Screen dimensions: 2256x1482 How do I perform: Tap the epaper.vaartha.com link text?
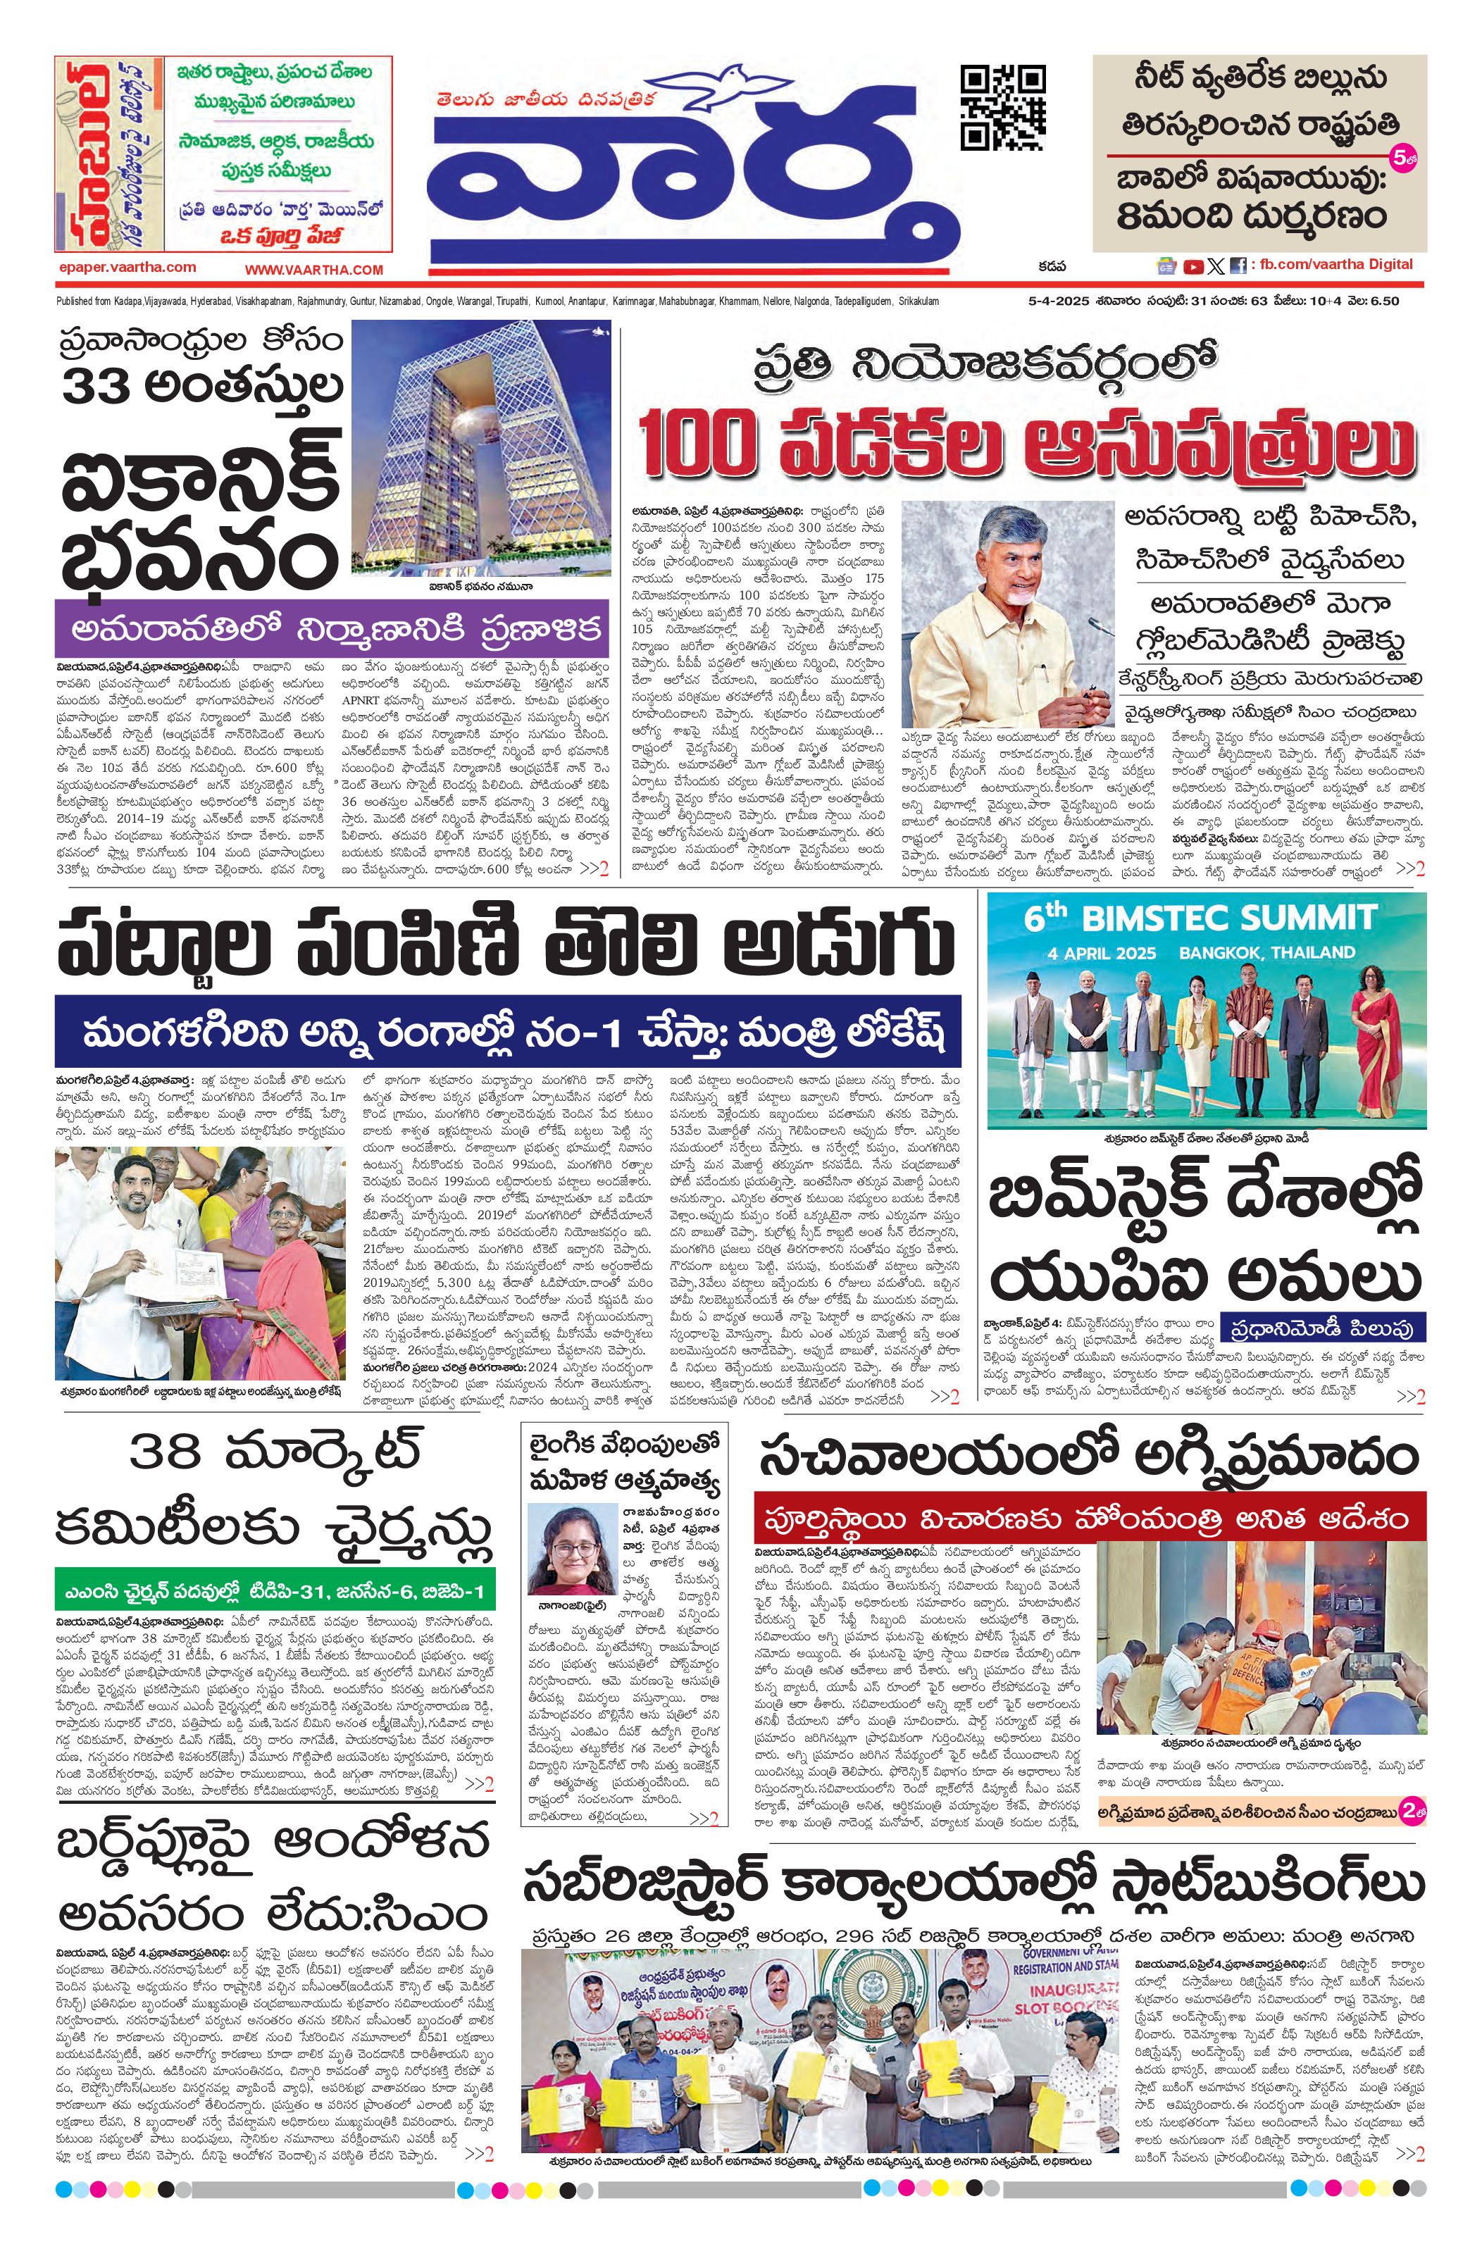126,268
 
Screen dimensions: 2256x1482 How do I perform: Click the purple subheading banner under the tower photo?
332,630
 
